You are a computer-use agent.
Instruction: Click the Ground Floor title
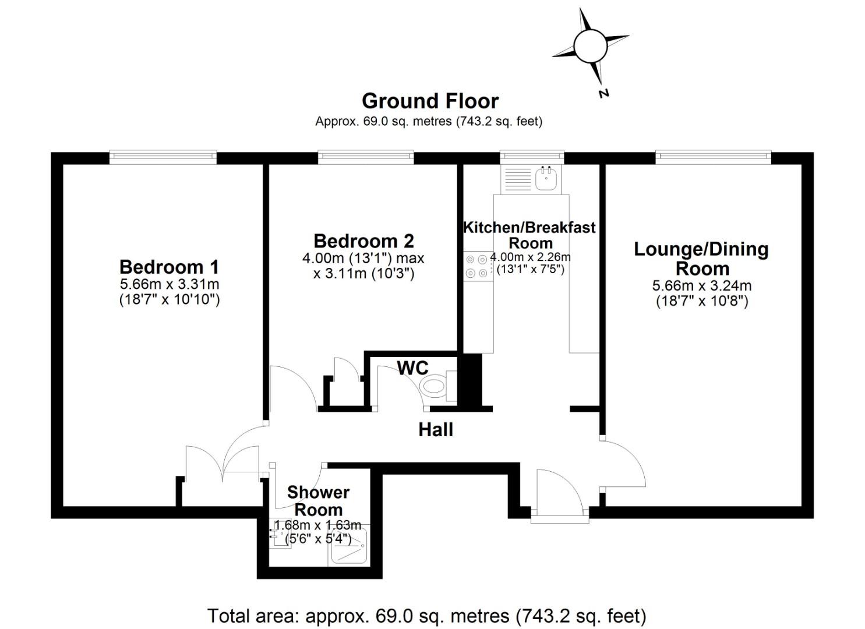click(430, 101)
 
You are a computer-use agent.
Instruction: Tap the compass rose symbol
click(590, 45)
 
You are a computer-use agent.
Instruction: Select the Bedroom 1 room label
click(169, 267)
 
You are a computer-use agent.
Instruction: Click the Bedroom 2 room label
click(363, 241)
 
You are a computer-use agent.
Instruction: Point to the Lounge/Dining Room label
click(701, 259)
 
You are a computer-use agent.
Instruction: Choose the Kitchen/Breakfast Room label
click(529, 235)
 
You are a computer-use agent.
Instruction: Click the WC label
click(412, 368)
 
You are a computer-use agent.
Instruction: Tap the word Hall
click(436, 430)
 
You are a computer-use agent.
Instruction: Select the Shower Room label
click(318, 501)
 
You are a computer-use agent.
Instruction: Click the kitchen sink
click(546, 179)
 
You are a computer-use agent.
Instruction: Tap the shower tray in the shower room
click(349, 545)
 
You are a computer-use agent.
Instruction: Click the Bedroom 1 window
click(163, 157)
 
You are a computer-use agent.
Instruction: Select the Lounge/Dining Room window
click(713, 157)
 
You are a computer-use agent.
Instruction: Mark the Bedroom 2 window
click(366, 157)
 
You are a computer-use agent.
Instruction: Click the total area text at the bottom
click(427, 616)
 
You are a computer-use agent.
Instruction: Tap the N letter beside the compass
click(604, 93)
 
